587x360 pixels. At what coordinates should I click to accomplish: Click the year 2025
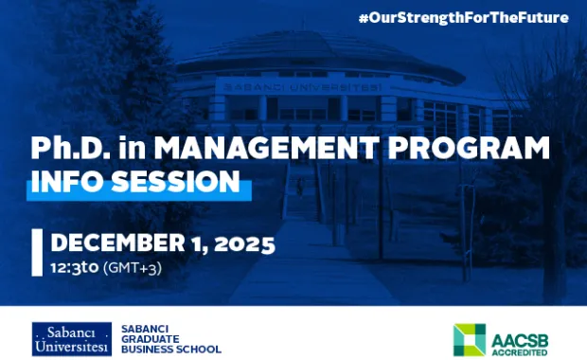coord(243,243)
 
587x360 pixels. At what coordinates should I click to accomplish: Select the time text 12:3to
coord(75,268)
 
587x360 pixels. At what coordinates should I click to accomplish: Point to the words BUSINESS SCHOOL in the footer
coord(171,349)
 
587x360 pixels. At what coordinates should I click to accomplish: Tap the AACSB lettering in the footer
coord(519,333)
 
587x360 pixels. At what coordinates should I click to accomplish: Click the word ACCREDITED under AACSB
coord(519,348)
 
